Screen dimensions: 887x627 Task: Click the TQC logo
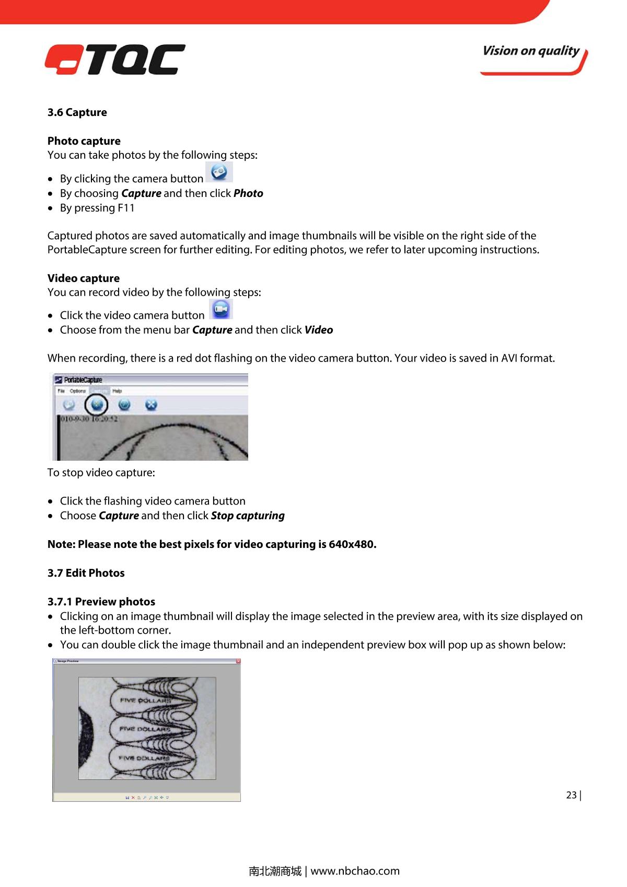115,60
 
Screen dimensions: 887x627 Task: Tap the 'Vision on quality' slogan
531,51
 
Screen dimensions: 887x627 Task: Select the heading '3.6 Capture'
77,112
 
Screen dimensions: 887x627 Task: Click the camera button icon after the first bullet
219,172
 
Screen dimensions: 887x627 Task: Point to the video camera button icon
221,309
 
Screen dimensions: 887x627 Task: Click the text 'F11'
126,208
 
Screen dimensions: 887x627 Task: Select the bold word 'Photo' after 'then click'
248,193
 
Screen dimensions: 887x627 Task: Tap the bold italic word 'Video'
319,330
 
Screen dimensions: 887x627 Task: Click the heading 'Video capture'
84,278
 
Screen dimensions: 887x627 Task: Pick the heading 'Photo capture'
84,141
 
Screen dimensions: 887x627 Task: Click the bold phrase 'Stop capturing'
248,516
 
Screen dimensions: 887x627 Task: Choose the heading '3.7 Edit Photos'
86,573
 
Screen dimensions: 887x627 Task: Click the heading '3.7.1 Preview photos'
101,602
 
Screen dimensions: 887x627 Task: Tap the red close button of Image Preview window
238,661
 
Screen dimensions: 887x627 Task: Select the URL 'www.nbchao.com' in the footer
355,871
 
